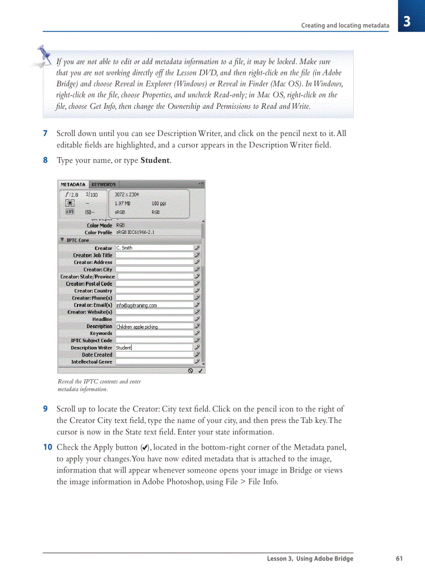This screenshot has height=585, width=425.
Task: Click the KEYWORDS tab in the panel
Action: pyautogui.click(x=103, y=184)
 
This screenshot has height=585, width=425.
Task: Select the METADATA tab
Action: pyautogui.click(x=73, y=184)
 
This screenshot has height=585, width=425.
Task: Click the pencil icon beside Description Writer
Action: pyautogui.click(x=197, y=347)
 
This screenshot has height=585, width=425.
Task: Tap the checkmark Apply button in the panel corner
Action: pyautogui.click(x=201, y=370)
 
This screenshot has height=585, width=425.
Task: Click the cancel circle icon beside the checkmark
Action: pyautogui.click(x=191, y=370)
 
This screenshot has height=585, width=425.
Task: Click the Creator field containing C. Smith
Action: pyautogui.click(x=154, y=248)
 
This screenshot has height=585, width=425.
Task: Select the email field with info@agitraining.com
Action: pyautogui.click(x=154, y=305)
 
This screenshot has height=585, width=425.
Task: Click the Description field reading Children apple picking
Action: pyautogui.click(x=154, y=327)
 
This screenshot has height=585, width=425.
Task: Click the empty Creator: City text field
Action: pyautogui.click(x=154, y=269)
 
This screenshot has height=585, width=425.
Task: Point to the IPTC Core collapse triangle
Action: pyautogui.click(x=63, y=240)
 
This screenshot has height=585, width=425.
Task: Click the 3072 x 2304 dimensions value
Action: pyautogui.click(x=127, y=194)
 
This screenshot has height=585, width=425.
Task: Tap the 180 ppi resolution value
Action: pyautogui.click(x=159, y=203)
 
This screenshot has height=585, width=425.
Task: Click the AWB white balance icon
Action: pyautogui.click(x=69, y=212)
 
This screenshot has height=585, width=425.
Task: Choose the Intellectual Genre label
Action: pyautogui.click(x=92, y=362)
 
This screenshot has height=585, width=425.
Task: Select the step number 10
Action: pyautogui.click(x=47, y=447)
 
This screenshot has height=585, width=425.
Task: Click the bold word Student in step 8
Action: pyautogui.click(x=155, y=160)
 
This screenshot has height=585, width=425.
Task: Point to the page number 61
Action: pyautogui.click(x=399, y=559)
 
